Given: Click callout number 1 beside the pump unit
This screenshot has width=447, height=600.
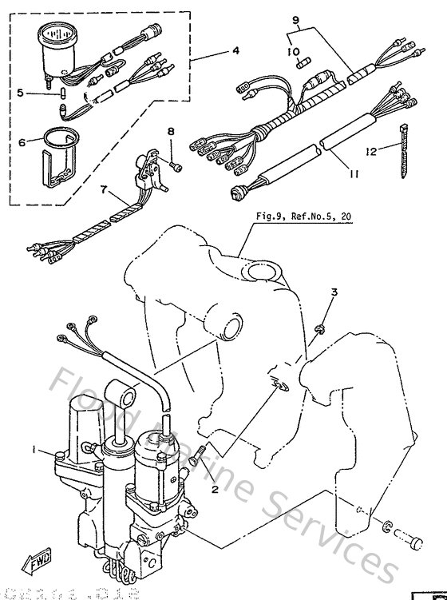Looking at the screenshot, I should pyautogui.click(x=34, y=451).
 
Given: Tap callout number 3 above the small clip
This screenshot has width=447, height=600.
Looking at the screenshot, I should pyautogui.click(x=334, y=293).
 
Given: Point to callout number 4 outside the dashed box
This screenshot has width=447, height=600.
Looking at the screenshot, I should pyautogui.click(x=236, y=51).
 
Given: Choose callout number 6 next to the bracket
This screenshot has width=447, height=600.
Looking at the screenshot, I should pyautogui.click(x=22, y=141).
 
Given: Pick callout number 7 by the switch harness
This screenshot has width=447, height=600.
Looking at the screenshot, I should pyautogui.click(x=103, y=191).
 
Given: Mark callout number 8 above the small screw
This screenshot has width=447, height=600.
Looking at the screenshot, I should pyautogui.click(x=170, y=130).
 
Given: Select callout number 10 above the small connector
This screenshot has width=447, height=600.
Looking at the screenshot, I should pyautogui.click(x=292, y=52).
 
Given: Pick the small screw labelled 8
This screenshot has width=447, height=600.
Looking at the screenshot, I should pyautogui.click(x=176, y=166).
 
